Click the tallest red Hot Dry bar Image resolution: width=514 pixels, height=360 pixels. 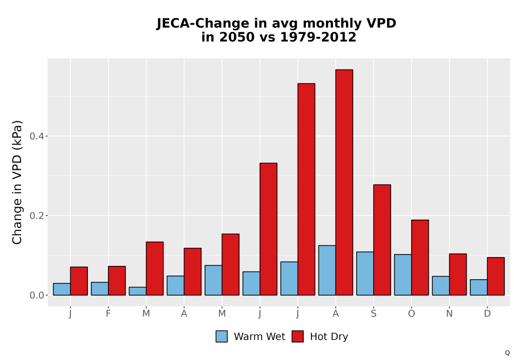344,182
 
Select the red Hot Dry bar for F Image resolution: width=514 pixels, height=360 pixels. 117,281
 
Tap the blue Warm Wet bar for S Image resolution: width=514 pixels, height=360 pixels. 365,274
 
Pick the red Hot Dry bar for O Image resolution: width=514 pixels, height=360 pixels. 420,257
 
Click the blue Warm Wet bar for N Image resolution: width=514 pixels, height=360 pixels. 440,285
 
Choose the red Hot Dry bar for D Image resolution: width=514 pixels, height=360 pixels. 495,276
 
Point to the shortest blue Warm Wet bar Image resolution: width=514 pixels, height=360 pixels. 137,291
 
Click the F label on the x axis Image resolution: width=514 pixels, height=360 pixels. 108,314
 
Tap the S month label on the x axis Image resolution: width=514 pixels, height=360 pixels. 373,314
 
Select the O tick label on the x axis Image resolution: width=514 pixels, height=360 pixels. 411,314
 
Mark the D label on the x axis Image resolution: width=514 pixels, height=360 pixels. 487,314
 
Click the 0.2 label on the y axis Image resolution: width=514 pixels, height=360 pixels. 37,215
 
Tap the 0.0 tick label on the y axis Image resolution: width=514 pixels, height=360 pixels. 37,295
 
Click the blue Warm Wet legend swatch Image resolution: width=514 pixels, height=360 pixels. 222,336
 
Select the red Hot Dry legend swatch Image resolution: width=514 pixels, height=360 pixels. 298,336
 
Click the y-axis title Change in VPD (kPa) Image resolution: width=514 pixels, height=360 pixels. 17,183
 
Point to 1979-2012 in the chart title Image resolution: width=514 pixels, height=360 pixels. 318,37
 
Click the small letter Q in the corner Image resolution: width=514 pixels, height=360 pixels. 507,353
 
